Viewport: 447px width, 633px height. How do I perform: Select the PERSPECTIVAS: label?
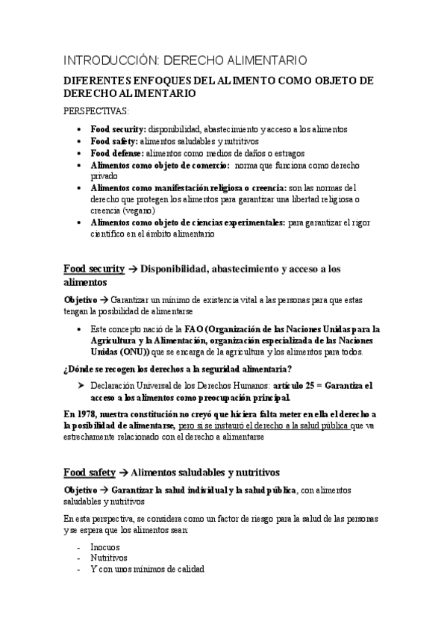pyautogui.click(x=96, y=111)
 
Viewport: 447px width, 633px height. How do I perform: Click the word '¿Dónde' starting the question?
pyautogui.click(x=79, y=369)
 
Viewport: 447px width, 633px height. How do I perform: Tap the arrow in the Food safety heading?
pyautogui.click(x=123, y=472)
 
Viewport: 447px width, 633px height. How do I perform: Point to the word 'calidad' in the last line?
pyautogui.click(x=187, y=569)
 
